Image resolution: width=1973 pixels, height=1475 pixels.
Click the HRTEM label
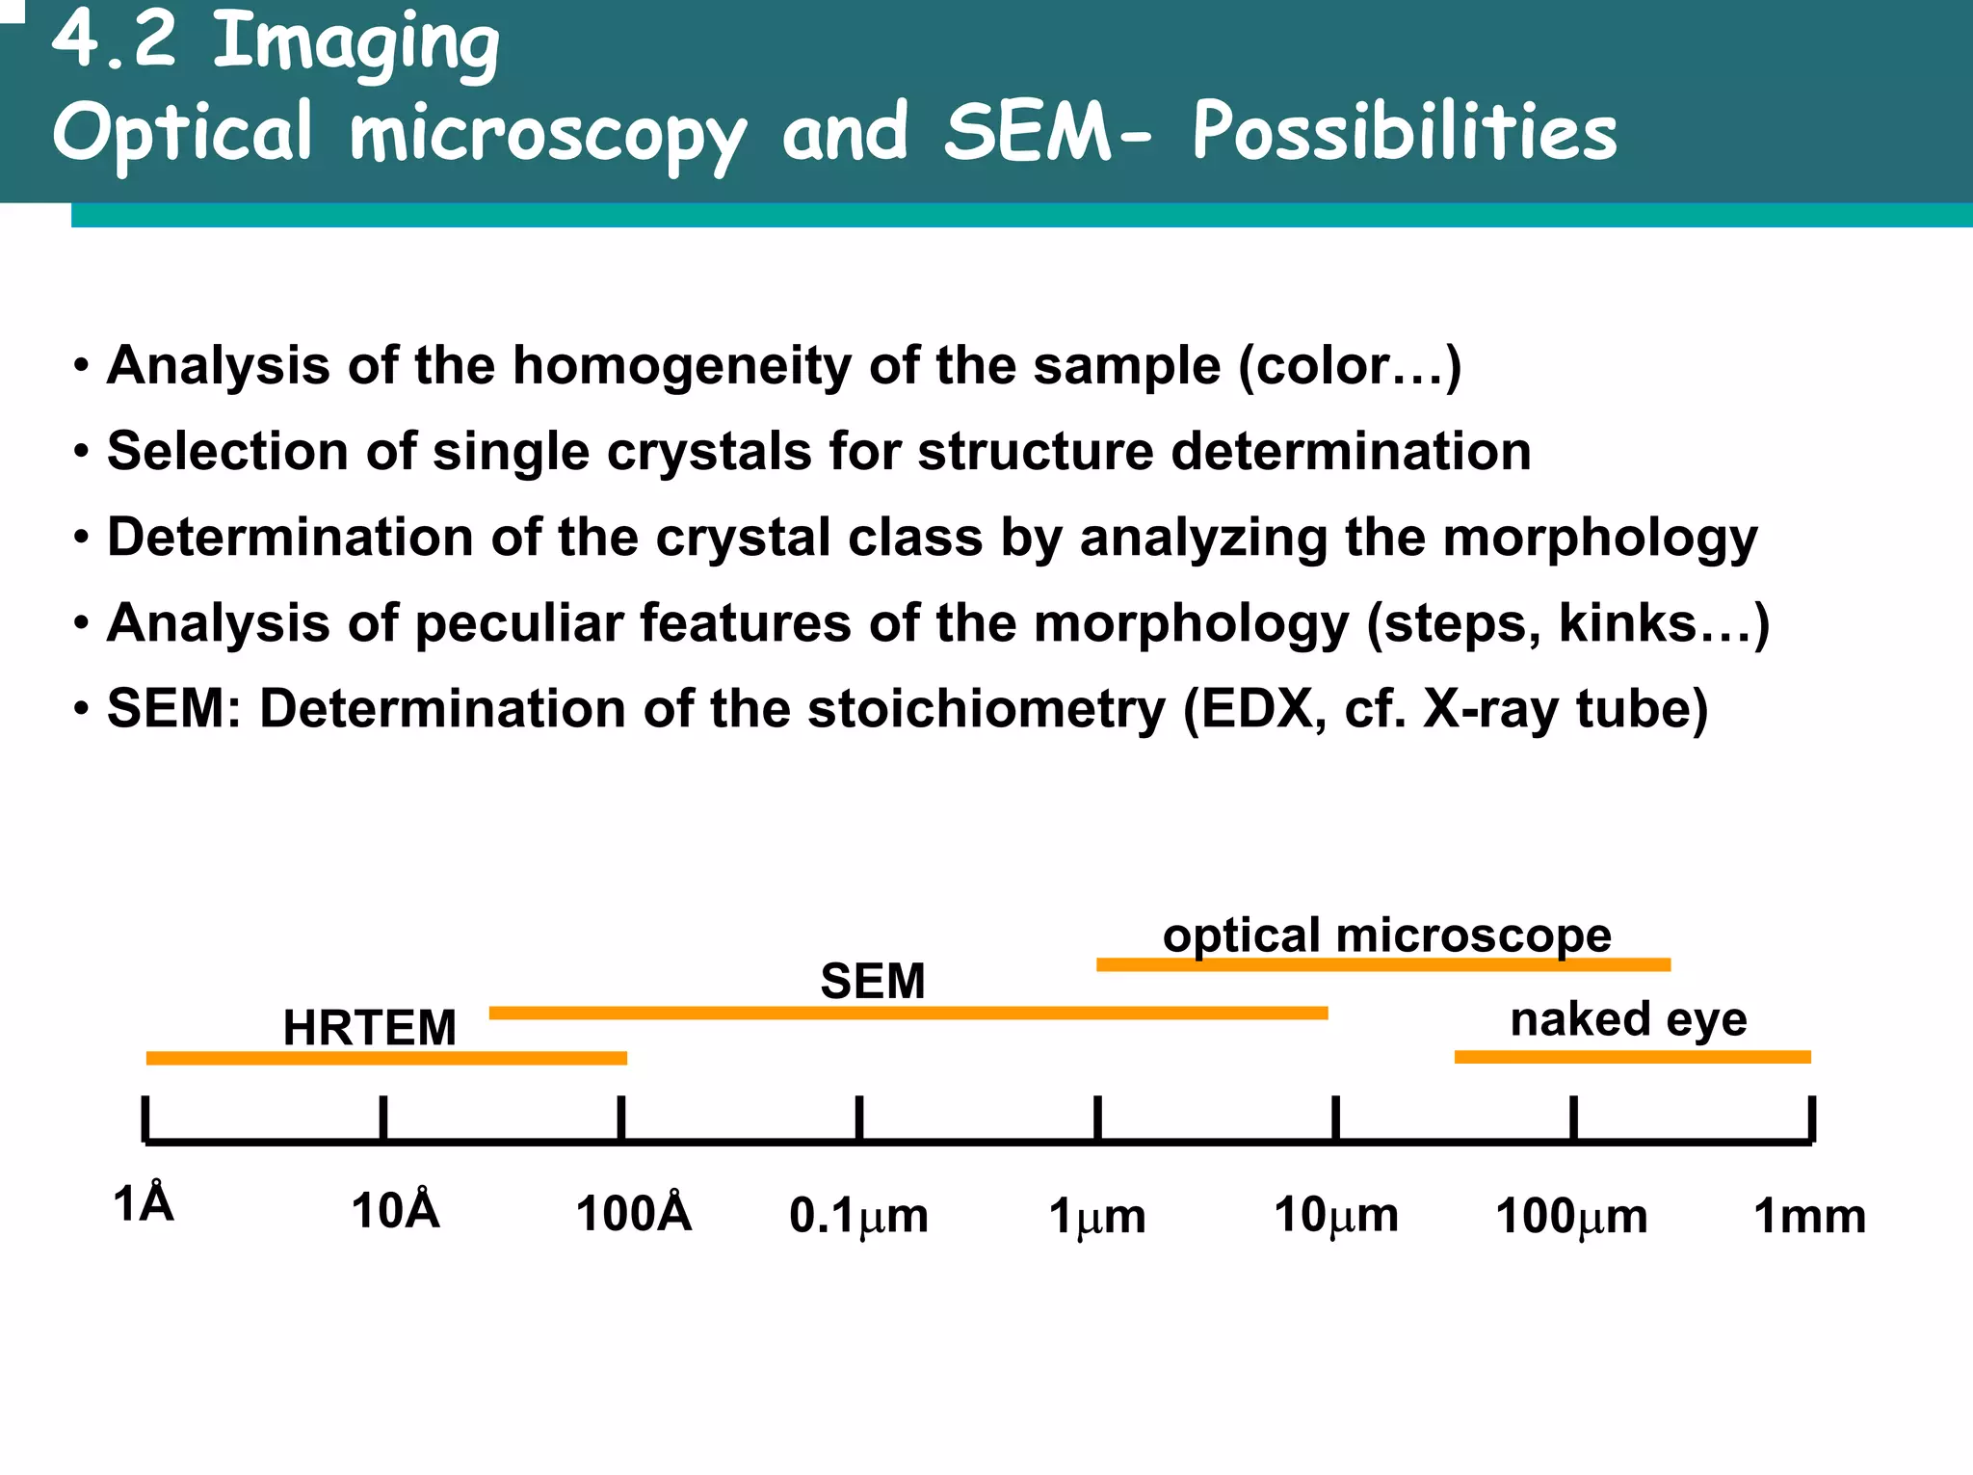(370, 1027)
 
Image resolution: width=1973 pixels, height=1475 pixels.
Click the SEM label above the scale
(872, 981)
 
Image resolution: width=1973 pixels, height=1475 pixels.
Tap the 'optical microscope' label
(1386, 935)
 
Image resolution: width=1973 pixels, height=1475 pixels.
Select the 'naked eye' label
(1628, 1018)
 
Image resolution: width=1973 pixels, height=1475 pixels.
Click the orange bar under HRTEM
(385, 1058)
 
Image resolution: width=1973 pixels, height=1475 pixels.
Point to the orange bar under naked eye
(1632, 1057)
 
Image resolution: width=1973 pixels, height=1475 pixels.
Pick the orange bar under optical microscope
(1382, 964)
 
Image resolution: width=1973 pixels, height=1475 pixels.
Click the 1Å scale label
(144, 1204)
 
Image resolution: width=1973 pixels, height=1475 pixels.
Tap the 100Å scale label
(633, 1213)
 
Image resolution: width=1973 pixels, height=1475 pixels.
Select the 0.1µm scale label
(858, 1215)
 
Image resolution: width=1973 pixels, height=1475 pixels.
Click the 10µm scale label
(1335, 1214)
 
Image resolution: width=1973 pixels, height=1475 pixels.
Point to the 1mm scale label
(1808, 1215)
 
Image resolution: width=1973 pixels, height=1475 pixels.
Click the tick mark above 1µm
(1097, 1119)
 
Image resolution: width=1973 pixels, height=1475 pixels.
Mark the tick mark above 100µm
(1573, 1119)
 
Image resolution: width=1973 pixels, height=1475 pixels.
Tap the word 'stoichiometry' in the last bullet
(986, 709)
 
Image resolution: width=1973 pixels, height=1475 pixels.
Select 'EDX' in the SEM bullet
(1262, 709)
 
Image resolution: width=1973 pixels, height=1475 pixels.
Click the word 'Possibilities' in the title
(1404, 132)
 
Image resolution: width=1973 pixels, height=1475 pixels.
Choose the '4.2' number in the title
(114, 40)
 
